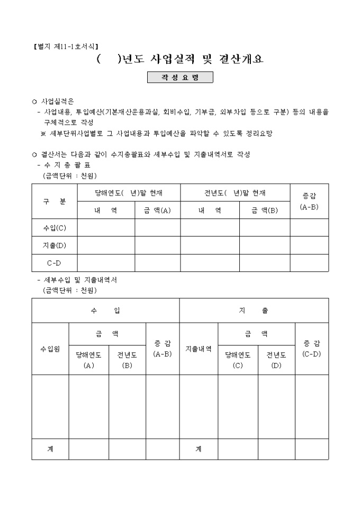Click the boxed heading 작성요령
(180, 78)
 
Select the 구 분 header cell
(55, 202)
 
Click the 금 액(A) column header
(157, 210)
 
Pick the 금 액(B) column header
(264, 210)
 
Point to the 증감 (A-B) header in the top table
(309, 202)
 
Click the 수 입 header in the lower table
(105, 311)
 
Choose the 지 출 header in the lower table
(254, 311)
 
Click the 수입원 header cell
(50, 349)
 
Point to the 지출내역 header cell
(199, 349)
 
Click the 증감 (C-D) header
(312, 349)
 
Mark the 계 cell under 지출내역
(199, 449)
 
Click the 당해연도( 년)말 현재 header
(129, 193)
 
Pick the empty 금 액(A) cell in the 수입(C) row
(157, 228)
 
